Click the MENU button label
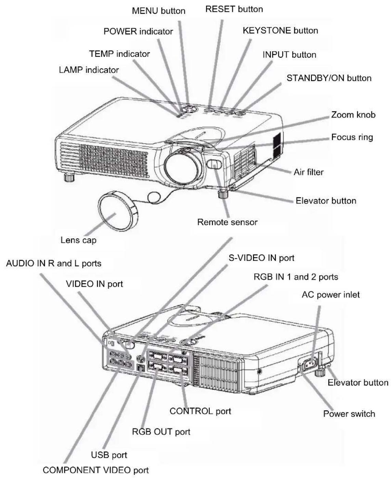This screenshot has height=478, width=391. [x=159, y=11]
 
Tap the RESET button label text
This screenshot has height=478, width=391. [x=234, y=9]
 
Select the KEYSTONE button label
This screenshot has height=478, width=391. [x=281, y=30]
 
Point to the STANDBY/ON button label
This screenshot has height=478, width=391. [x=329, y=78]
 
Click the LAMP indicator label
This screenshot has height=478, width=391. [x=89, y=70]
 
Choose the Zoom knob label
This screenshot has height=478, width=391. [x=353, y=115]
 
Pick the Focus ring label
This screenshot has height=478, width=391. [x=352, y=137]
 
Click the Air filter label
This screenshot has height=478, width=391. [x=309, y=172]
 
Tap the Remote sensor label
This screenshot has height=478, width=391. [x=227, y=222]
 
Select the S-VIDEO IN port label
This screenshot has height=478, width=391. [x=261, y=258]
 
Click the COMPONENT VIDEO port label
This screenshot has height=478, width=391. [x=96, y=470]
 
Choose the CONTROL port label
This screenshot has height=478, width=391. [x=200, y=412]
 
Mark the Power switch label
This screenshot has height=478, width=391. [x=349, y=414]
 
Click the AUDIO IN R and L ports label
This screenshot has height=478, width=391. [x=54, y=263]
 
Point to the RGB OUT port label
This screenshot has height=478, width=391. [x=161, y=432]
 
